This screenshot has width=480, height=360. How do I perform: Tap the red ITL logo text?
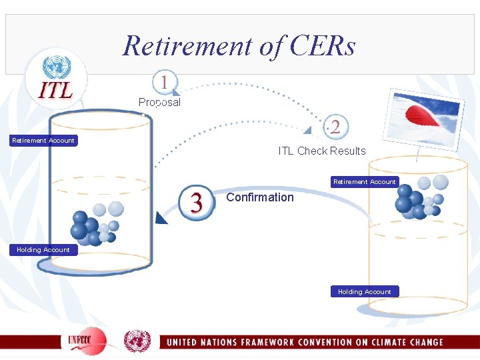tap(56, 91)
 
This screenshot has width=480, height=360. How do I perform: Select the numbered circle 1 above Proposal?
tap(164, 83)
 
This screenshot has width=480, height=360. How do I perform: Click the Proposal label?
tap(159, 103)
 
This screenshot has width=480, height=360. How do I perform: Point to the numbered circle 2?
tap(335, 126)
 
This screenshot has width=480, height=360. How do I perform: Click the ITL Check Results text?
tap(322, 151)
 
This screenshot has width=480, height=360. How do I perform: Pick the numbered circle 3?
tap(197, 201)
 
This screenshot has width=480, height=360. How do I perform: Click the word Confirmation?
tap(260, 197)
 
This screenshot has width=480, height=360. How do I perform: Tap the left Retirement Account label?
tap(43, 140)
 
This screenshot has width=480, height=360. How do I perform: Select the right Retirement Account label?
tap(365, 181)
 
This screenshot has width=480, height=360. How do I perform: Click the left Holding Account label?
tap(43, 250)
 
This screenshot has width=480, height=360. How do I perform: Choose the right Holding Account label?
tap(365, 291)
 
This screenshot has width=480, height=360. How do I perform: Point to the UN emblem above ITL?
tap(56, 67)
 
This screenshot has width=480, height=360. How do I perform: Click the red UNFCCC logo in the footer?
tap(87, 341)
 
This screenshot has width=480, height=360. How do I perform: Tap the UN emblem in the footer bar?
tap(137, 341)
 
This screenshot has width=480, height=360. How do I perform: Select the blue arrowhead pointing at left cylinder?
tap(160, 218)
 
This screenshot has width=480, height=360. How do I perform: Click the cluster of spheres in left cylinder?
tap(97, 223)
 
